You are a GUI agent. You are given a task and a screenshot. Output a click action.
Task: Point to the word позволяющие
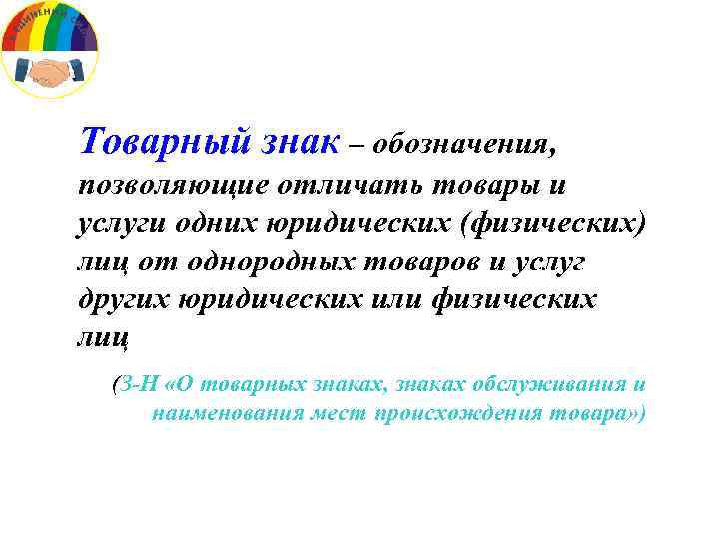[x=166, y=186]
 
